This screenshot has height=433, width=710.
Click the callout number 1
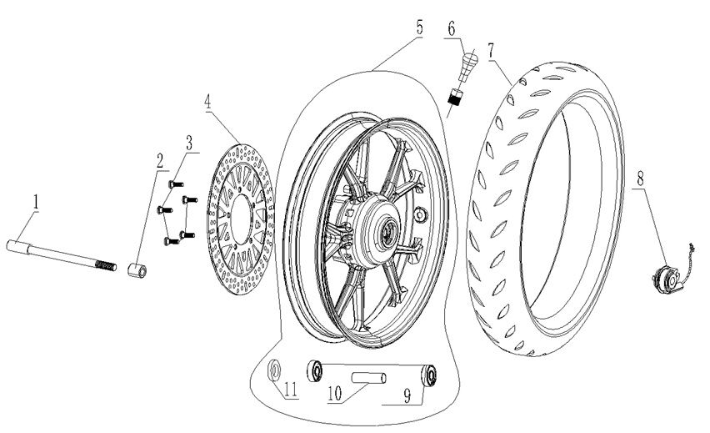(x=36, y=200)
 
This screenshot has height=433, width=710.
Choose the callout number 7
(x=492, y=48)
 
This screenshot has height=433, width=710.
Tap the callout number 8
(x=639, y=178)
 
